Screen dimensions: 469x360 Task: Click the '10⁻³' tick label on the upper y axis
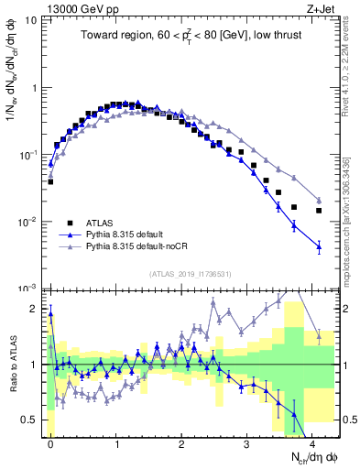pyautogui.click(x=28, y=289)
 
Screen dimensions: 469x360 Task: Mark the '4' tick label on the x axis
pyautogui.click(x=312, y=442)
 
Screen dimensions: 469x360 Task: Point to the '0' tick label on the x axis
pyautogui.click(x=50, y=442)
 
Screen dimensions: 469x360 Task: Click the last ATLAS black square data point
pyautogui.click(x=319, y=211)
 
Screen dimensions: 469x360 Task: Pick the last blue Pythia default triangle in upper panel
pyautogui.click(x=319, y=245)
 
